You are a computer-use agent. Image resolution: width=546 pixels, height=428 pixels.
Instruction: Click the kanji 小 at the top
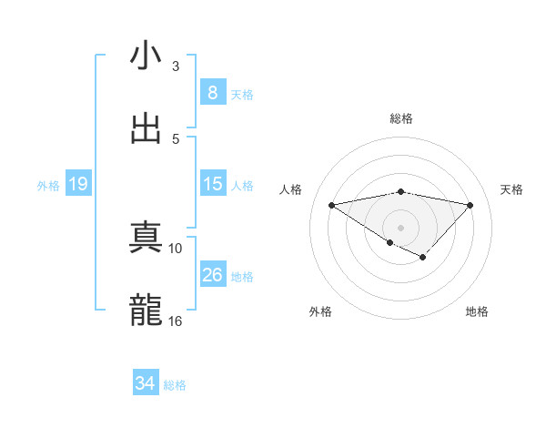(x=146, y=56)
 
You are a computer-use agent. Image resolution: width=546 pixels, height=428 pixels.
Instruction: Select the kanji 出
(x=146, y=128)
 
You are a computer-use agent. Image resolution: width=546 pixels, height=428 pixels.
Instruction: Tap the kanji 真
(x=146, y=238)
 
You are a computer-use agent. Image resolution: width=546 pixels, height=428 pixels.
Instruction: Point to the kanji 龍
(x=146, y=311)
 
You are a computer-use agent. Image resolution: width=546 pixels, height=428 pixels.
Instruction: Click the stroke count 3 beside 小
(x=176, y=66)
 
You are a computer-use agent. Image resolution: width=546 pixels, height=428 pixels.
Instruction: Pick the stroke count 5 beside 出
(x=176, y=138)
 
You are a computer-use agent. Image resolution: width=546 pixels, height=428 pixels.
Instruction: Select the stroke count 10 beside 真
(x=176, y=248)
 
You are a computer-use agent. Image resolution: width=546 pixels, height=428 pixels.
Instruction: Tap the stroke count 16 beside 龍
(x=176, y=321)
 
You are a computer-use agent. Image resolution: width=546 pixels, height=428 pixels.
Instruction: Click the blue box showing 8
(x=212, y=93)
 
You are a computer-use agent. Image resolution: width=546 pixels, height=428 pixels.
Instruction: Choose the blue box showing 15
(x=212, y=184)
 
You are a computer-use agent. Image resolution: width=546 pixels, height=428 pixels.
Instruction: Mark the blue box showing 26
(x=212, y=275)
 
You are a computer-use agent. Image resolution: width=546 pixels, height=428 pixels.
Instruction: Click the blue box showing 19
(x=77, y=184)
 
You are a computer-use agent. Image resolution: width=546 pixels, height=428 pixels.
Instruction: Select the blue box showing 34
(x=146, y=383)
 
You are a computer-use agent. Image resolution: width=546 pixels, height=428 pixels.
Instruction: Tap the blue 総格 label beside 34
(x=175, y=385)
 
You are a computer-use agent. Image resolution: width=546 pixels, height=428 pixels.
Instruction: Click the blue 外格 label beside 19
(x=48, y=185)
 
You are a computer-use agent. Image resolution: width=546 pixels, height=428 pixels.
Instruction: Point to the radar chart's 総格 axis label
(x=400, y=118)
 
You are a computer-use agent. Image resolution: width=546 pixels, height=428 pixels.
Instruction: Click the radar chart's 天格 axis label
(x=511, y=189)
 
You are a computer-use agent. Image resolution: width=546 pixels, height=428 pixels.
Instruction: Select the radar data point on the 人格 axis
(x=331, y=204)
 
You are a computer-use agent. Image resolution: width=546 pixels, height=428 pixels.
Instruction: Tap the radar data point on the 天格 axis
(x=470, y=204)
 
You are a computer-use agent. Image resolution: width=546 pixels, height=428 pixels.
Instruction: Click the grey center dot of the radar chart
(x=400, y=227)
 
